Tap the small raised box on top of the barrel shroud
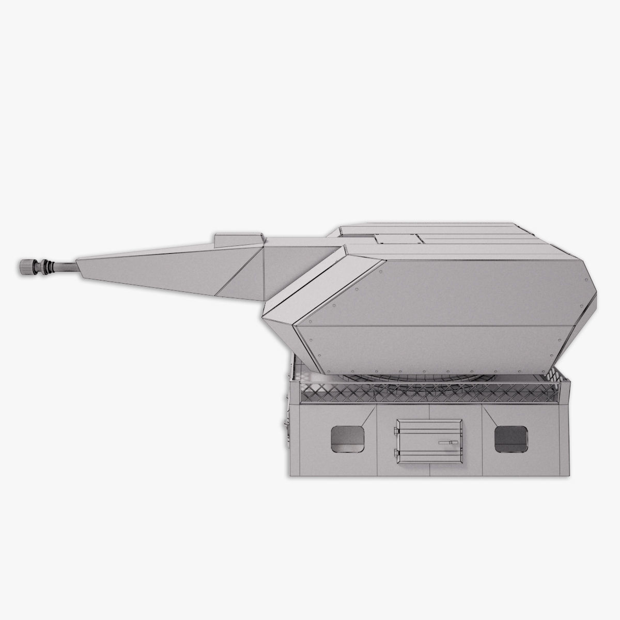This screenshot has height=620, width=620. (238, 239)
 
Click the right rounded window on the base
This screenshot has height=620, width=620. (511, 439)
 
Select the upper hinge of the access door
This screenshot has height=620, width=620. (397, 430)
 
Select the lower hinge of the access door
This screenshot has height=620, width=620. (397, 453)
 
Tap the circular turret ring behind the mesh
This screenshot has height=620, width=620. (429, 380)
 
